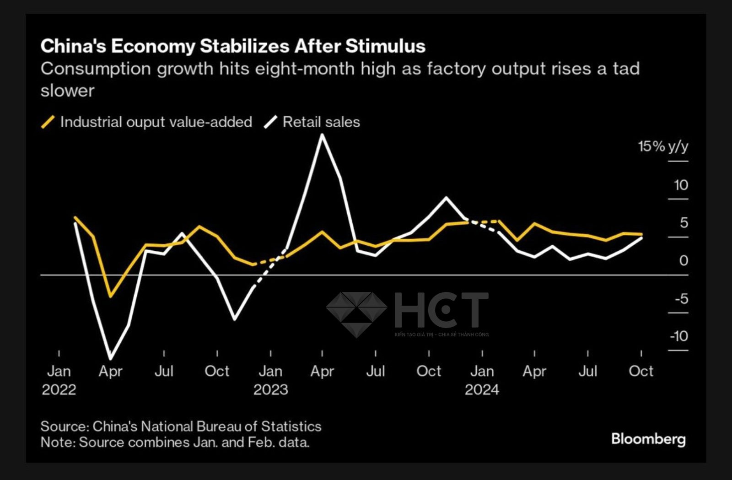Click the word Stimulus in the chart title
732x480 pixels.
(x=385, y=46)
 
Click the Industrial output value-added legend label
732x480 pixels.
(x=156, y=122)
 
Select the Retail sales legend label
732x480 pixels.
(x=321, y=122)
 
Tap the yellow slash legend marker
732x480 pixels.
(x=48, y=122)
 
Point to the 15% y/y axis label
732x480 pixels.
(x=663, y=146)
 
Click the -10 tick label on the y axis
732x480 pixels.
(x=679, y=336)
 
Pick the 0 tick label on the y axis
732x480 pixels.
(x=684, y=260)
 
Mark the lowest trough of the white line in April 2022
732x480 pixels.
(x=110, y=358)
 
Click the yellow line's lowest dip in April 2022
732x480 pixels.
(x=110, y=296)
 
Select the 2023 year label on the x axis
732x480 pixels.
(x=270, y=390)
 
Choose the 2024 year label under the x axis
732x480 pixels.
(x=482, y=390)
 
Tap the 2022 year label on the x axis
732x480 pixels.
(x=59, y=390)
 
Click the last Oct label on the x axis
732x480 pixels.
(x=641, y=371)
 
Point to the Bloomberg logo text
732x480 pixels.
(x=648, y=439)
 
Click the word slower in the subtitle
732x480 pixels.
(x=67, y=91)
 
